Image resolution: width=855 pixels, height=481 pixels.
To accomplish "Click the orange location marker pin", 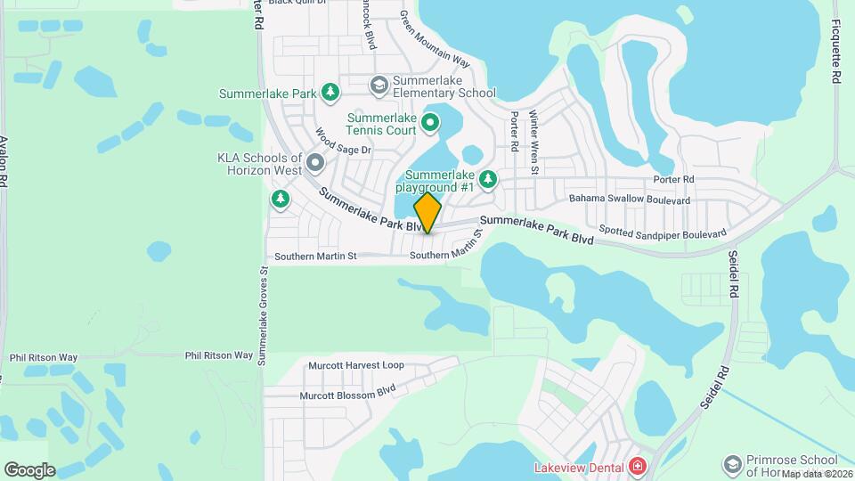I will pos(427,213).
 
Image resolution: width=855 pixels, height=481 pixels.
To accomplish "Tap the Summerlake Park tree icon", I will pos(330,92).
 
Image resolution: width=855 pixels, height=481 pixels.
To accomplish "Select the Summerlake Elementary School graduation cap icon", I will pos(379,85).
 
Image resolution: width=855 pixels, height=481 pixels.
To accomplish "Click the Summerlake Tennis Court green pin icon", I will pos(430,122).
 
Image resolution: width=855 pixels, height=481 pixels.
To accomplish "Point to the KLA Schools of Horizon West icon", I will pos(315,163).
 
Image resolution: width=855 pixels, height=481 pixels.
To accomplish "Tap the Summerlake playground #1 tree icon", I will pos(487,180).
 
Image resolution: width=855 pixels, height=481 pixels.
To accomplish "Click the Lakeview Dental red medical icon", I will pos(637,466).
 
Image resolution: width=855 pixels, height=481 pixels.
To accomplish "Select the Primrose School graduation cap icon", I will pos(731,465).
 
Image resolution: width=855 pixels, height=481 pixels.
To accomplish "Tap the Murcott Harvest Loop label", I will pos(355,365).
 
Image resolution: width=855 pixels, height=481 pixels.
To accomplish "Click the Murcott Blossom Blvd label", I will pos(346,390).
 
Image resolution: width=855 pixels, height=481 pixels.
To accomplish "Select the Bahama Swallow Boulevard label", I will pos(630,200).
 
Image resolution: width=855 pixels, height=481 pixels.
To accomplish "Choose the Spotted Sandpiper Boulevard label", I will pos(663,231).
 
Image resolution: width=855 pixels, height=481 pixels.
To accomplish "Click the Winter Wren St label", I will pos(534,142).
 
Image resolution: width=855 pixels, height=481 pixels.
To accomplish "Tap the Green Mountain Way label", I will pos(434,39).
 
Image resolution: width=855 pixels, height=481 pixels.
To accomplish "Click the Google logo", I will pos(29,470).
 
